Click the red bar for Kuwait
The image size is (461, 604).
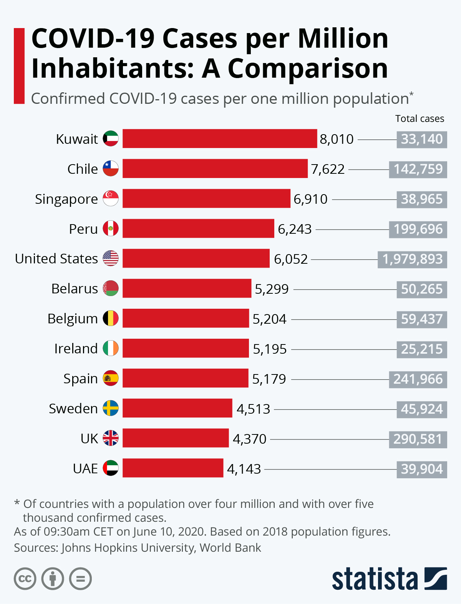point(220,138)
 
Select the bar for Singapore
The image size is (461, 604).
point(206,198)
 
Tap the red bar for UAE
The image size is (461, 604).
point(173,468)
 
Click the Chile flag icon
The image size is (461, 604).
point(111,168)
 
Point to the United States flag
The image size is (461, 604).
point(111,258)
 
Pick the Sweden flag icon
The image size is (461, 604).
point(111,408)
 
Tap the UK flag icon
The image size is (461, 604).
point(111,438)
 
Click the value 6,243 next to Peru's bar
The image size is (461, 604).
point(295,229)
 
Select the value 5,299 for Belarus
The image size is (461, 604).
point(272,289)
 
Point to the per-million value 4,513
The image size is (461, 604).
point(253,409)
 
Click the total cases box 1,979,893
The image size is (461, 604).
point(412,259)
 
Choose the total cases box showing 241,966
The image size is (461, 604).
point(418,379)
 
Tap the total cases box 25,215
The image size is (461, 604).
point(422,349)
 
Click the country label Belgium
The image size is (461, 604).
point(73,319)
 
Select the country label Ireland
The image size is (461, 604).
point(76,349)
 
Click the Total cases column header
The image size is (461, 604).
point(420,119)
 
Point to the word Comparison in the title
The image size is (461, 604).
point(308,69)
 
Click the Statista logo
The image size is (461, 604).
point(389,579)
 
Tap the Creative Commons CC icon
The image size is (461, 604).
point(25,579)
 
